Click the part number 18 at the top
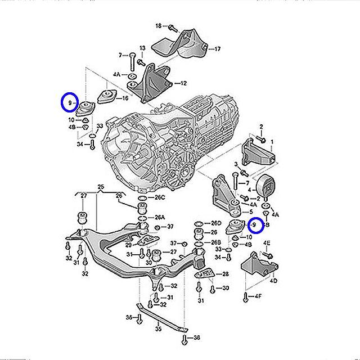(x=158, y=26)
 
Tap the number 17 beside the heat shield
(x=217, y=49)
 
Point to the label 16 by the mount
(x=125, y=98)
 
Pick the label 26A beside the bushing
(x=160, y=217)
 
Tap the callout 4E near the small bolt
(x=267, y=243)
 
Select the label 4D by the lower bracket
(x=273, y=280)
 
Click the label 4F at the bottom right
(x=258, y=296)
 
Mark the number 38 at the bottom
(x=197, y=338)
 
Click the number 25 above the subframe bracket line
(x=101, y=186)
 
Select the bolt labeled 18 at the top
(x=171, y=26)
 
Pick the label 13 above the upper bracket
(x=142, y=48)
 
